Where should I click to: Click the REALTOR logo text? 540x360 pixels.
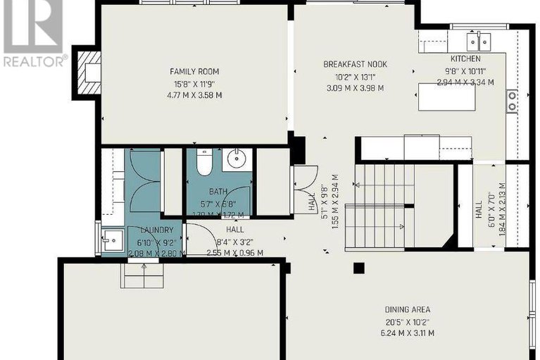coord(34,61)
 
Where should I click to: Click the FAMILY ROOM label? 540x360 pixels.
coord(194,71)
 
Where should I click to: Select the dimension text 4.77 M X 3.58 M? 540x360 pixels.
coord(194,95)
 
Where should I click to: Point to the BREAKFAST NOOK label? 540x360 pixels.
coord(355,64)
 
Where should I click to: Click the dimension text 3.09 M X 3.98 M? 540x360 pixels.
coord(355,88)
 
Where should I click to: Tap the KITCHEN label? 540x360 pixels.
coord(465,58)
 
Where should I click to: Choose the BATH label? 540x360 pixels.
coord(218,192)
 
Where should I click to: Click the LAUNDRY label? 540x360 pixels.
coord(152,230)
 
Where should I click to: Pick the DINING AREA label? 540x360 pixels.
coord(407,309)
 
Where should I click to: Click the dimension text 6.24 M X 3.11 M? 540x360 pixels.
coord(407,333)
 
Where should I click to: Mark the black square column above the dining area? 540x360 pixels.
coord(360,268)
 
